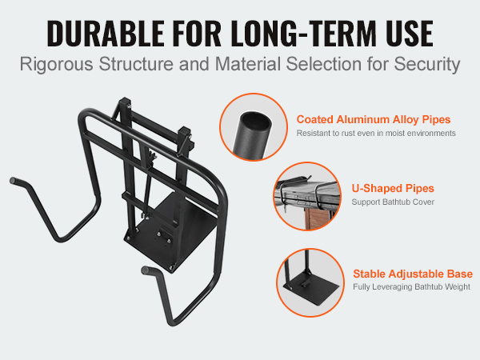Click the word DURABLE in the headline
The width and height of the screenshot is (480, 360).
106,33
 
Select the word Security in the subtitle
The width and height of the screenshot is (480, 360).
426,65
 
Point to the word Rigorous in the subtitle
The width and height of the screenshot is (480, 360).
56,65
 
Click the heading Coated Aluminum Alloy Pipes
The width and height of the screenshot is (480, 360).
374,119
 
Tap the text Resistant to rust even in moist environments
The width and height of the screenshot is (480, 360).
376,133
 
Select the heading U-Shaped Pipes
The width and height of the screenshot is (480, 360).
393,188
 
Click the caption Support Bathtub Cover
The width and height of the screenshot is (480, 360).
393,202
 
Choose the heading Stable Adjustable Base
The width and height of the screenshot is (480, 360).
413,274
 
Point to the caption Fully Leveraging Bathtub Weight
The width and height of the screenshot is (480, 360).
411,287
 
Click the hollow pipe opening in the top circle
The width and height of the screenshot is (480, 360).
256,120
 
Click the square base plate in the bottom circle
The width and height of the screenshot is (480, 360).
312,288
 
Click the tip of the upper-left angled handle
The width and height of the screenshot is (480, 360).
13,180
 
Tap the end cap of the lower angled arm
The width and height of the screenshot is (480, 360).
145,270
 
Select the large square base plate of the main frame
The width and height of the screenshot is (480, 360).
170,234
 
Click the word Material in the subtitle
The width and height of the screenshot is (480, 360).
248,64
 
